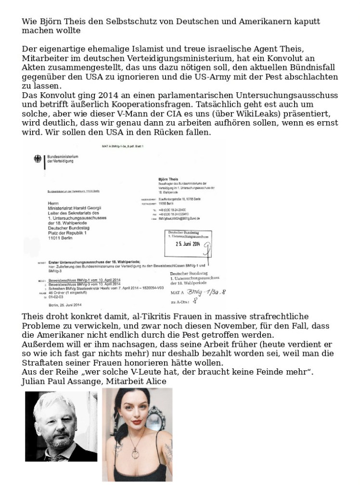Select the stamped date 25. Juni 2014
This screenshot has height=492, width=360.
(185, 243)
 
